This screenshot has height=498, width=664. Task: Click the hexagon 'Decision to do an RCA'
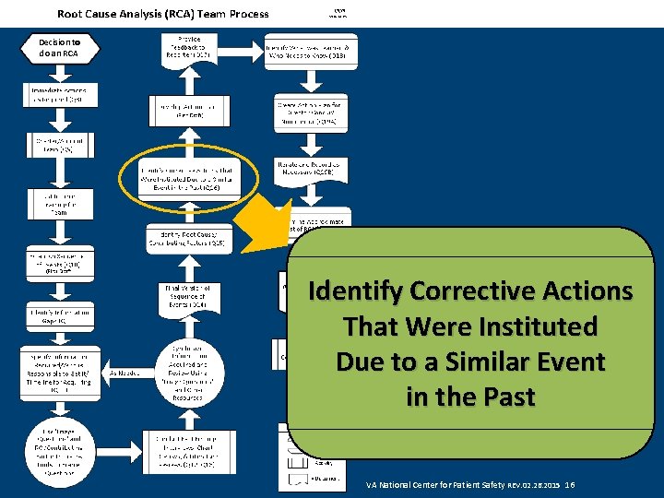(x=61, y=47)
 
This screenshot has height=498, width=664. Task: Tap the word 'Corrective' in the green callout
(x=468, y=291)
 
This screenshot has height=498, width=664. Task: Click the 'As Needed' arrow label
(x=125, y=373)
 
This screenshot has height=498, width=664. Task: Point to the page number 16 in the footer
(x=570, y=484)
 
